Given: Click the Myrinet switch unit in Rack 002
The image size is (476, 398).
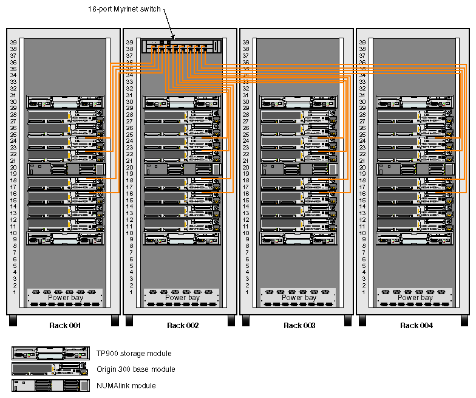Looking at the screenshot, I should click(183, 46).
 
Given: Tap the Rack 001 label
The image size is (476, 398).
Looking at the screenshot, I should click(66, 326).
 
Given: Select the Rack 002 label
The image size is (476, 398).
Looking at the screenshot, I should click(183, 326).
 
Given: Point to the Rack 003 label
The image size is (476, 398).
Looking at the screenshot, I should click(299, 326).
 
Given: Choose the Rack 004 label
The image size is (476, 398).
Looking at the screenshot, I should click(416, 326).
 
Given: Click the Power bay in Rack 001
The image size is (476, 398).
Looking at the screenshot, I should click(66, 298).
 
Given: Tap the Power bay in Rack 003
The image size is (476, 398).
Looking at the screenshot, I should click(299, 298).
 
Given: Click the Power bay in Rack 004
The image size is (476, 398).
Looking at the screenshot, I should click(416, 298).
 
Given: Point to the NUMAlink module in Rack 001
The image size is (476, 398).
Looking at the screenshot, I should click(66, 170).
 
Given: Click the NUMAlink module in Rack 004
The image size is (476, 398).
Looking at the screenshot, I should click(416, 170).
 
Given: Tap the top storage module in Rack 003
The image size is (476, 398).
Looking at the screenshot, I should click(299, 102).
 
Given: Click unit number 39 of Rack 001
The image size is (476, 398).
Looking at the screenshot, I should click(13, 43).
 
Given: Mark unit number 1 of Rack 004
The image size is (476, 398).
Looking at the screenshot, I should click(363, 292).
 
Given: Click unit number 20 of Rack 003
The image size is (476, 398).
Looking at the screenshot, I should click(246, 167).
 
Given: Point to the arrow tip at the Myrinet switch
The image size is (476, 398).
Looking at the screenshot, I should click(174, 38).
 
